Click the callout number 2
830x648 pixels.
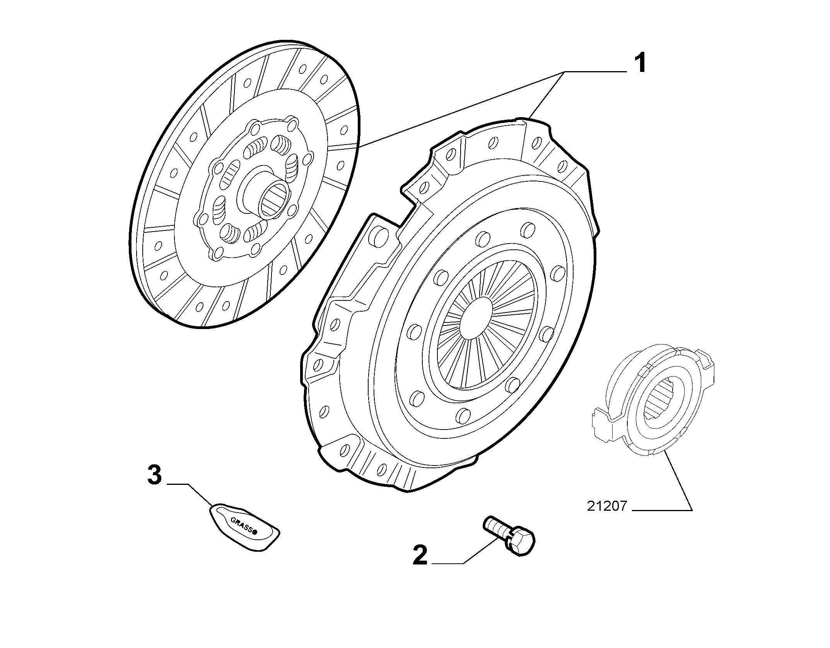click(420, 555)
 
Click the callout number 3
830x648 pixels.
click(155, 475)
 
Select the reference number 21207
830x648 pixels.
click(606, 506)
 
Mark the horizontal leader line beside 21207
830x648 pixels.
click(662, 510)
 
